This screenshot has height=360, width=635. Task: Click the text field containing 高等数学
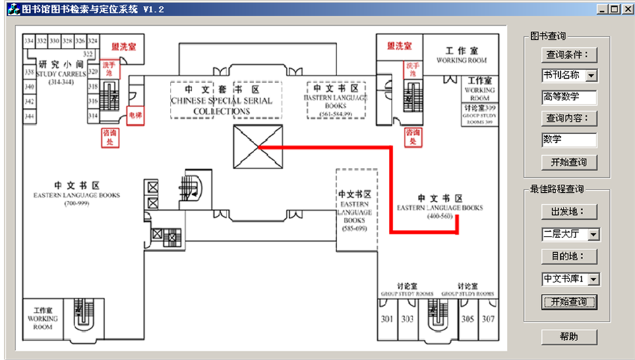(569, 97)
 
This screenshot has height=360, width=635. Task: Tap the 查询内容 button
(569, 119)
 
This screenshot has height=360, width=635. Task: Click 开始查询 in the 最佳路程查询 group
(569, 301)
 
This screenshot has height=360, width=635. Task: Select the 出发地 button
(569, 212)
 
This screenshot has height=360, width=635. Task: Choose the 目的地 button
(569, 257)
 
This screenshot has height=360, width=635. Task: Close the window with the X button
(626, 9)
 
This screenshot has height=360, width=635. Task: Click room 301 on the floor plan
(387, 319)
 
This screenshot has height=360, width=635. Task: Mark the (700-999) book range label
(77, 203)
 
